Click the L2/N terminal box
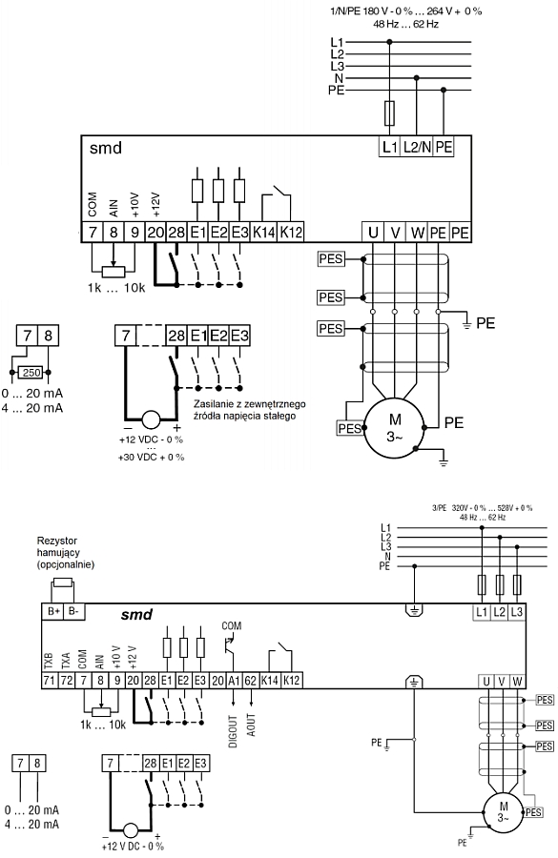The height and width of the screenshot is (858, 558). click(x=417, y=147)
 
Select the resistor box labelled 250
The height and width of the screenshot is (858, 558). click(x=31, y=373)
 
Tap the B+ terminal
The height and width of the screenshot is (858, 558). click(x=53, y=611)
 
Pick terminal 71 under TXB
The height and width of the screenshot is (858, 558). click(x=50, y=681)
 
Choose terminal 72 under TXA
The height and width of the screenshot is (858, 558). click(x=66, y=681)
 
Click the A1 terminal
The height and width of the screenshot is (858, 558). click(x=234, y=681)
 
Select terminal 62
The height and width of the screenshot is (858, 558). click(x=250, y=681)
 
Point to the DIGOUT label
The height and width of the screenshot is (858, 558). click(x=234, y=731)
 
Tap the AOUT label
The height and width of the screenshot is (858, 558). click(x=251, y=725)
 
